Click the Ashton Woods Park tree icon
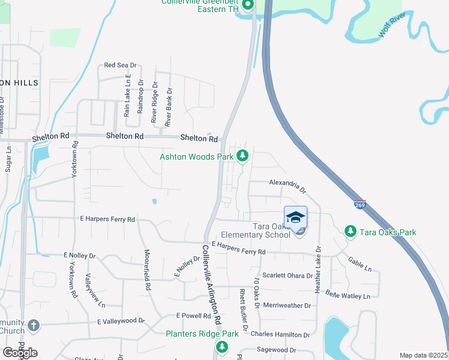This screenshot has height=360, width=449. [x=243, y=157]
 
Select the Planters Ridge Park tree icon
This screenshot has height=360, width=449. [x=222, y=347]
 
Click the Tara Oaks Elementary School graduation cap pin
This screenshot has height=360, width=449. [x=295, y=217]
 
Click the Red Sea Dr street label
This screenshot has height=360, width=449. [x=121, y=65]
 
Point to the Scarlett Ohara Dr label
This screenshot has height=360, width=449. [x=287, y=277]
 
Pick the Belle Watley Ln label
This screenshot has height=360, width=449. [x=348, y=295]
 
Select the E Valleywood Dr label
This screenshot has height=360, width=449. [x=121, y=321]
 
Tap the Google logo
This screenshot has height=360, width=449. [x=20, y=353]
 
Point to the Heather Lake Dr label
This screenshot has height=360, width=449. [x=318, y=269]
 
